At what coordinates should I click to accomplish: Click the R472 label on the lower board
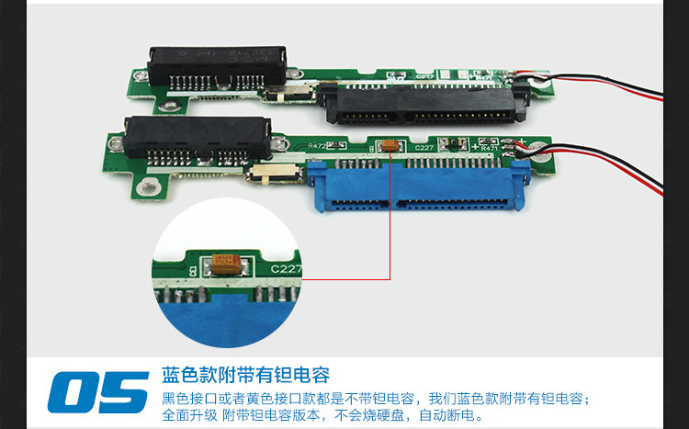(317, 145)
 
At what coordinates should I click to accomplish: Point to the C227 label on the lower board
(424, 148)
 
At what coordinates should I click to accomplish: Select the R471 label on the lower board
(489, 149)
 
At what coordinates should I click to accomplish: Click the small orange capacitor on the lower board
(390, 145)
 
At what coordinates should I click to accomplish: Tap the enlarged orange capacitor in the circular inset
(226, 264)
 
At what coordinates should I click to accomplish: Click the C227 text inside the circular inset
(286, 268)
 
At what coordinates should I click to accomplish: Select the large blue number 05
(98, 392)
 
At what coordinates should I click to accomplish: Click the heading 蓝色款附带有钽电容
(245, 375)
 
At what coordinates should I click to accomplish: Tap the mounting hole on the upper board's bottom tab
(168, 106)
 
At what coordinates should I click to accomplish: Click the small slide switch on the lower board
(275, 174)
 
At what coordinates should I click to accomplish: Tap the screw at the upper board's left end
(141, 76)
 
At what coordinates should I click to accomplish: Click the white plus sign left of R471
(475, 146)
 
